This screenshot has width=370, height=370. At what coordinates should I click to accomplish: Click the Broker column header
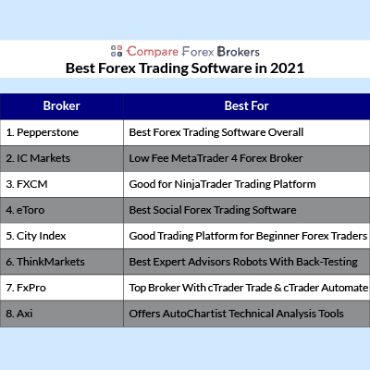coord(62,106)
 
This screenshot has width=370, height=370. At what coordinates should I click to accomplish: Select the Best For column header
coord(247,106)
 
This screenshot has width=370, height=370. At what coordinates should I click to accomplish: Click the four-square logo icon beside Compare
coord(117,51)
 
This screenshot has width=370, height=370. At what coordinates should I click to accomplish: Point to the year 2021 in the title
coord(288,68)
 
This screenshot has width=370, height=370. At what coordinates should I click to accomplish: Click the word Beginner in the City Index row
coord(277,236)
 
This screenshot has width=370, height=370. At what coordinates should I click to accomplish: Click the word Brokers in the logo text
coord(239,52)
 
